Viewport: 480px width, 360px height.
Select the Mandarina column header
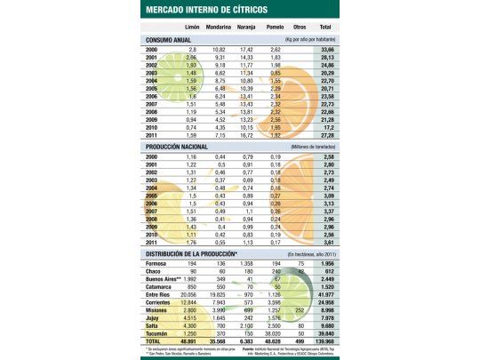pyautogui.click(x=219, y=28)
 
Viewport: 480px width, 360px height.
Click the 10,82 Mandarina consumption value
pyautogui.click(x=220, y=50)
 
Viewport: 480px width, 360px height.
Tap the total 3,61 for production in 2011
pyautogui.click(x=349, y=241)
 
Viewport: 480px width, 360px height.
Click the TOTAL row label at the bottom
pyautogui.click(x=157, y=340)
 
